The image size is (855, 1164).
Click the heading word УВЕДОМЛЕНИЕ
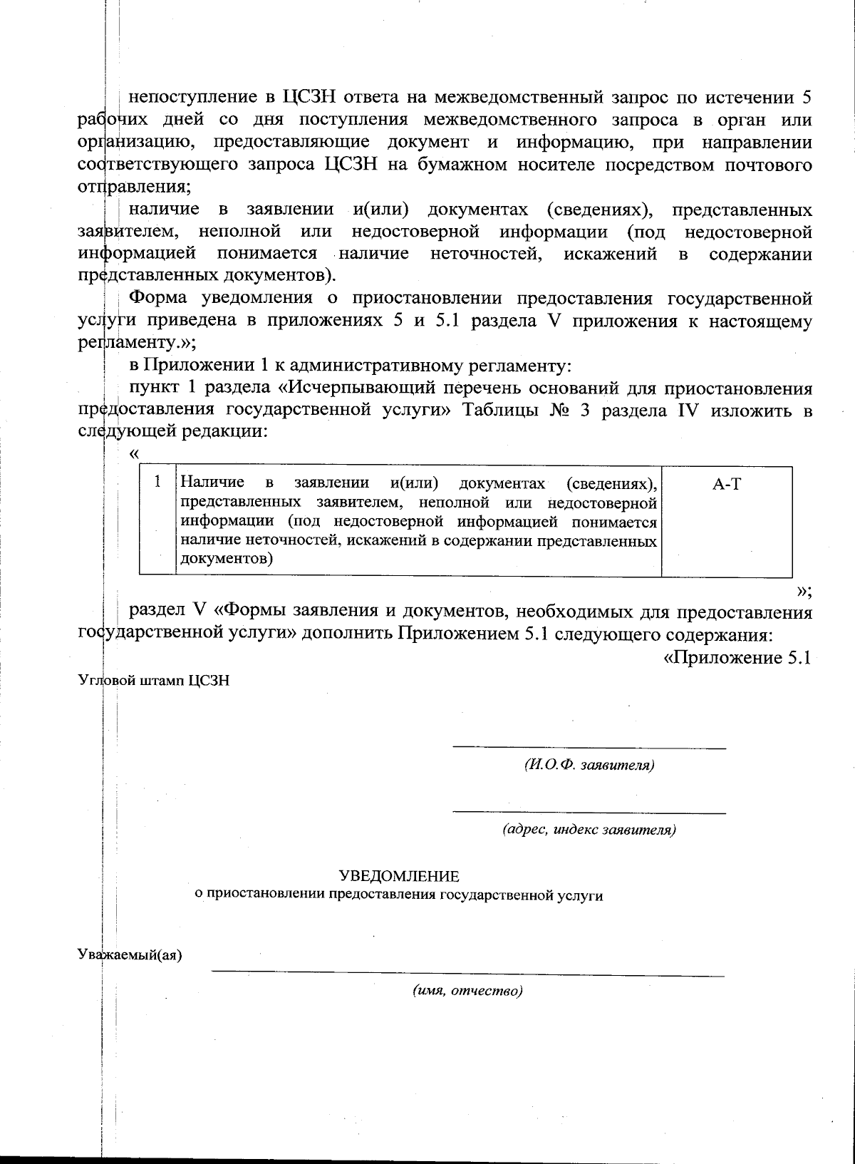pos(400,875)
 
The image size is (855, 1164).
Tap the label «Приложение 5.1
pos(737,658)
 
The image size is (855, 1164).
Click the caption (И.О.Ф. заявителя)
pos(589,765)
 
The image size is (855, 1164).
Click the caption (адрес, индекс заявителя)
pos(589,830)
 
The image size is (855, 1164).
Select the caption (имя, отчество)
pos(468,991)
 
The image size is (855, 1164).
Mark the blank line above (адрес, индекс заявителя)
pos(589,812)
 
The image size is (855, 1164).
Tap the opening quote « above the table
pos(134,454)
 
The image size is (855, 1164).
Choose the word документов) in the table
pos(227,560)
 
